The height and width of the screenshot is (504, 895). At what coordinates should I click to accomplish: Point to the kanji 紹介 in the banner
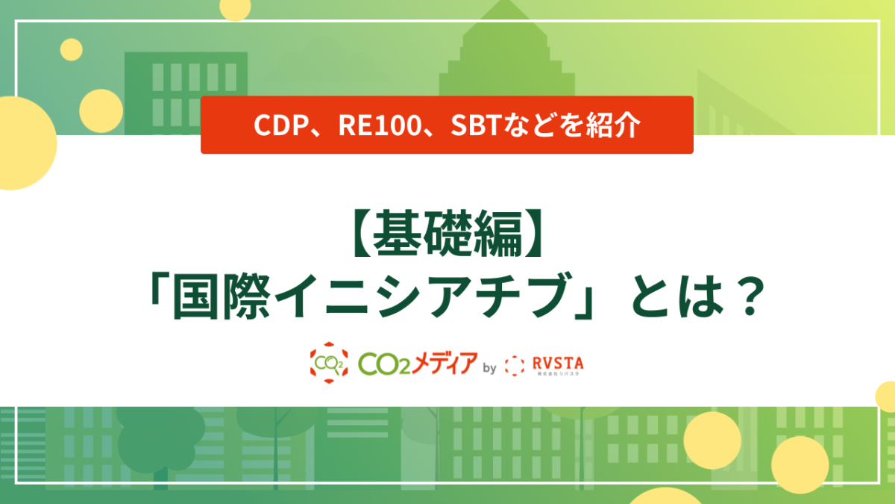(x=616, y=125)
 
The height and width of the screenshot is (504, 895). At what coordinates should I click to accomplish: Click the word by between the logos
(x=490, y=367)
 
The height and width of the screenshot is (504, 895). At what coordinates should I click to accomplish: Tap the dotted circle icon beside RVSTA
(x=515, y=364)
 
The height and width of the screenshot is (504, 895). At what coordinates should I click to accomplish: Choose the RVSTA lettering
(x=559, y=362)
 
